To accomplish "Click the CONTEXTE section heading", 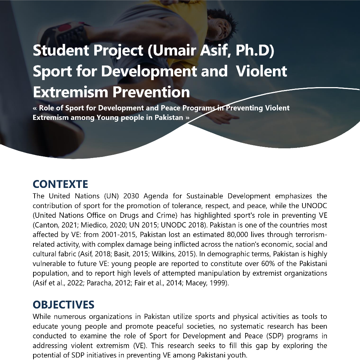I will [60, 184].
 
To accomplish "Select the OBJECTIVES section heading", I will [63, 305].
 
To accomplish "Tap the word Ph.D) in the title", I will [255, 51].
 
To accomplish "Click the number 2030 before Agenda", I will [133, 196].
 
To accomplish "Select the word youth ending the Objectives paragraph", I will [238, 355].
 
